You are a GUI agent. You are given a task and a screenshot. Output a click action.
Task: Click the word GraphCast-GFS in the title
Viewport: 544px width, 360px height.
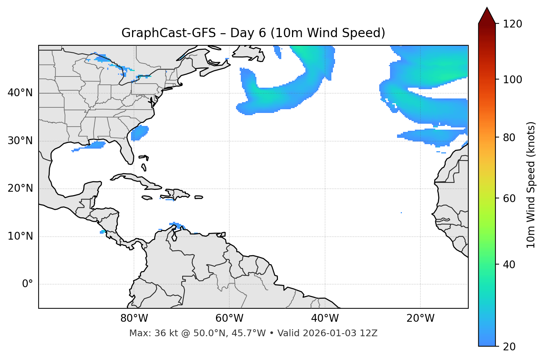168,33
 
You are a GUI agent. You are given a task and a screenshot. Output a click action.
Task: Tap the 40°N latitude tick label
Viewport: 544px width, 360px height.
20,93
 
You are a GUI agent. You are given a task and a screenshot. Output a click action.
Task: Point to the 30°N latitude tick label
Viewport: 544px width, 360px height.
20,141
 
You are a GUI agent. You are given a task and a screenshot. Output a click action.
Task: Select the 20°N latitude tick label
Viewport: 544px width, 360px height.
20,188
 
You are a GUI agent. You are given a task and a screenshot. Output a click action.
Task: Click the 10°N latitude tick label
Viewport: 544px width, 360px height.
20,236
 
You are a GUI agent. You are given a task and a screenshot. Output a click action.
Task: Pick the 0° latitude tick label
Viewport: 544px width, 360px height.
27,284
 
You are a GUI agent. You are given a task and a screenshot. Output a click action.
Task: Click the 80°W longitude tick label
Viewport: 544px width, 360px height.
134,318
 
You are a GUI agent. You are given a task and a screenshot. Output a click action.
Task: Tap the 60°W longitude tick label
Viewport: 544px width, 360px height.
229,318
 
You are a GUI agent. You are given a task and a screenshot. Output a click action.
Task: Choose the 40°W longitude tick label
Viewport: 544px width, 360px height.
325,318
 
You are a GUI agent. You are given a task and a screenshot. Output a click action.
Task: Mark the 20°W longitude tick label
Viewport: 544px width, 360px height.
420,318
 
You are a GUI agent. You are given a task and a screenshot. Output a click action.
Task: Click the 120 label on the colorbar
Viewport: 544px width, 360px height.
512,24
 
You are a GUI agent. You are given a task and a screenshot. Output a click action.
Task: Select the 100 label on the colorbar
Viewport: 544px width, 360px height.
512,80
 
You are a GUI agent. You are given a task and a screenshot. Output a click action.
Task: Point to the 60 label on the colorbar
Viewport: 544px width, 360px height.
509,198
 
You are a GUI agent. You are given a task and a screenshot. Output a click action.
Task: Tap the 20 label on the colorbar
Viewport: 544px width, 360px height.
509,347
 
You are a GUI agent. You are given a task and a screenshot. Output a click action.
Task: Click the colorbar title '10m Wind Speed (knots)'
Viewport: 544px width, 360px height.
531,185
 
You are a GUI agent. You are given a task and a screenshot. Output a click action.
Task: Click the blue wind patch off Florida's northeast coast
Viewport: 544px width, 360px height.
140,133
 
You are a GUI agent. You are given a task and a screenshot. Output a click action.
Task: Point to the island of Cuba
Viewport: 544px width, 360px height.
137,180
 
